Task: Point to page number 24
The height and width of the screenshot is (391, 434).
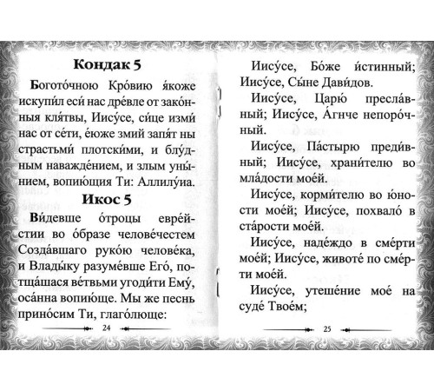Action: pyautogui.click(x=107, y=353)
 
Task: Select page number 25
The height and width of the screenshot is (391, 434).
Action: pyautogui.click(x=327, y=353)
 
